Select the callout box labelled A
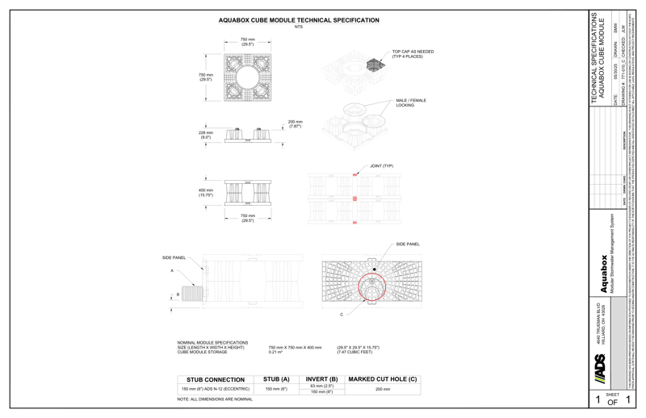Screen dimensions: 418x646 pyautogui.click(x=172, y=272)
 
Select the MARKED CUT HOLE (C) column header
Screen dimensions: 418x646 pyautogui.click(x=384, y=378)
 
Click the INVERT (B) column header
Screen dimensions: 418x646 pyautogui.click(x=316, y=378)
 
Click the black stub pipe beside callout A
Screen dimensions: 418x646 pyautogui.click(x=191, y=294)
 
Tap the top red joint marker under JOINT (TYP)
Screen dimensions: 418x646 pyautogui.click(x=354, y=175)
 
